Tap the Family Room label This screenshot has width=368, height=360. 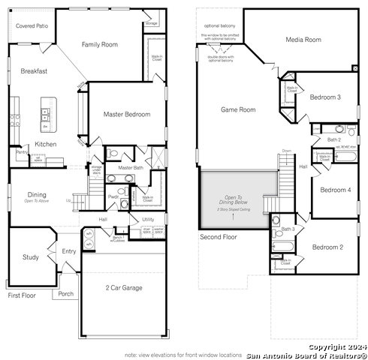tap(100, 45)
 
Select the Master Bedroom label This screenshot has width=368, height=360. tap(125, 115)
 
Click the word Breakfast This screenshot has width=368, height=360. tap(34, 71)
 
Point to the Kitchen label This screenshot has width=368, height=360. tap(46, 144)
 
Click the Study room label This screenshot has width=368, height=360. tap(30, 257)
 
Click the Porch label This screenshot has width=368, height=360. tap(66, 293)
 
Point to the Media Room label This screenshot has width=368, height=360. tap(304, 39)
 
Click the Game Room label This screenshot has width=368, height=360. tap(238, 109)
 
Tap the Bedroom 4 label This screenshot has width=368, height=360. tap(335, 190)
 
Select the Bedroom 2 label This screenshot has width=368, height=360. tap(327, 247)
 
